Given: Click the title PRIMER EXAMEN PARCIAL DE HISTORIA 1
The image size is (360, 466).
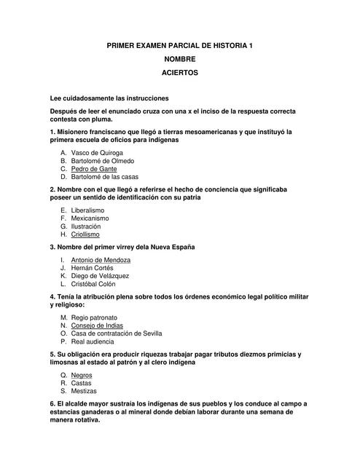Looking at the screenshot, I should coord(180,45).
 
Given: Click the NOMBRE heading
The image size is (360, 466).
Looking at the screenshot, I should coord(180,59).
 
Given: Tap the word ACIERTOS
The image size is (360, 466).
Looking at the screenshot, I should coord(180,73).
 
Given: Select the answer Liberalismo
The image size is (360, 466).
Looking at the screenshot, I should coord(93,210).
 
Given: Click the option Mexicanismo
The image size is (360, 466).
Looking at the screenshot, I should coord(94,218).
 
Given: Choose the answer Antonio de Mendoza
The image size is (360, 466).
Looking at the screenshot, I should coord(101,260).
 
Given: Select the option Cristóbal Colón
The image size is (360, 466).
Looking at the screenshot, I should coord(95,284).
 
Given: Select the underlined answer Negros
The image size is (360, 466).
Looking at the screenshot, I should coord(82,375).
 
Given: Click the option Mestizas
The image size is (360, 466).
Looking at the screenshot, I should coord(85,390).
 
